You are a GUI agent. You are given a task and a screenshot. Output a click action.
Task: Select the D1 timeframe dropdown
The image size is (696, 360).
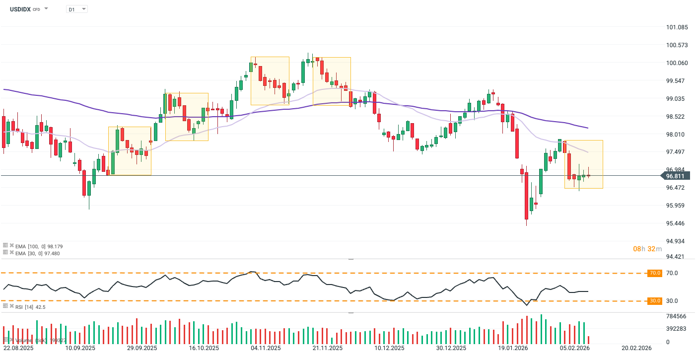(76, 9)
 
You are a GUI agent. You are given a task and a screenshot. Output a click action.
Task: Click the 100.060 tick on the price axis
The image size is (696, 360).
(677, 63)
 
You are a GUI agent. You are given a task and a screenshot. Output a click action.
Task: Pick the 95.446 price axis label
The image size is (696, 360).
(677, 223)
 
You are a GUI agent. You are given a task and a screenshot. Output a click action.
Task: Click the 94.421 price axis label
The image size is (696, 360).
(677, 257)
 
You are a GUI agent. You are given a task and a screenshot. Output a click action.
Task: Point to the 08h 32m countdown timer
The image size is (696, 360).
(647, 248)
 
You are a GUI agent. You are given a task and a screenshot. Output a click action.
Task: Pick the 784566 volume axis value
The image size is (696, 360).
(676, 316)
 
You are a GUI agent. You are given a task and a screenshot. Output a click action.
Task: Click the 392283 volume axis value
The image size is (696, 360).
(676, 329)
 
